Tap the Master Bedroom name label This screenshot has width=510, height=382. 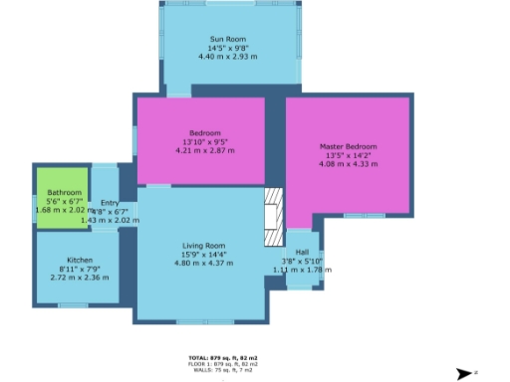pyautogui.click(x=348, y=147)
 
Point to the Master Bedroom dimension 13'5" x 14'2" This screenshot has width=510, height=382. pyautogui.click(x=348, y=155)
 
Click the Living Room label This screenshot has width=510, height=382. pyautogui.click(x=202, y=245)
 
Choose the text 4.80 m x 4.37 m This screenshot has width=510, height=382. pyautogui.click(x=202, y=262)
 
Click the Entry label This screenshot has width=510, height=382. pyautogui.click(x=109, y=203)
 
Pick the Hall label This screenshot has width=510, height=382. pyautogui.click(x=302, y=252)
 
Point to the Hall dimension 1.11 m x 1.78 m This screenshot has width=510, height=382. pyautogui.click(x=303, y=269)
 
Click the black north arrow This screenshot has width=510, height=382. pyautogui.click(x=463, y=373)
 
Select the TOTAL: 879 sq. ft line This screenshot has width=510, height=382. pyautogui.click(x=222, y=356)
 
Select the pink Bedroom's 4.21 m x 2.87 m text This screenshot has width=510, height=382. pyautogui.click(x=204, y=150)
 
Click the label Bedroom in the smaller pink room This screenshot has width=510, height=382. pyautogui.click(x=204, y=133)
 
